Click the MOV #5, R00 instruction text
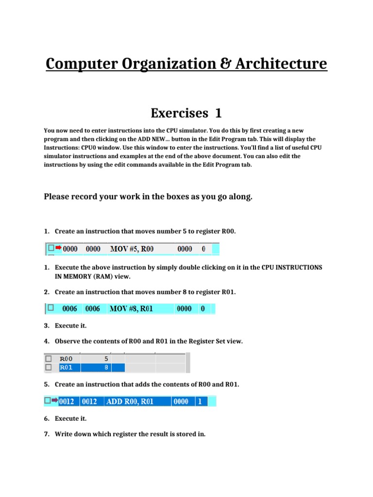coord(132,249)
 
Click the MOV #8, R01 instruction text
coord(131,308)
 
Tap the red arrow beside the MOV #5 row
coord(58,248)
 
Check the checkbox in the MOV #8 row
coord(50,308)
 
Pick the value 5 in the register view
coord(106,359)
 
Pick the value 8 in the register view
coord(106,367)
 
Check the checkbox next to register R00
coord(48,359)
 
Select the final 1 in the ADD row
coord(200,401)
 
